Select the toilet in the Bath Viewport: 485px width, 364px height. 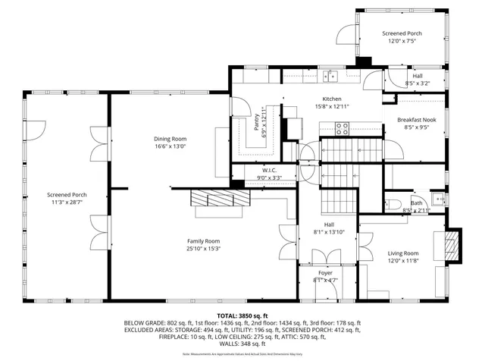pyautogui.click(x=394, y=203)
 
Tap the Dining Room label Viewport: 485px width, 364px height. pyautogui.click(x=170, y=139)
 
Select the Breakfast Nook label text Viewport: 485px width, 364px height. pyautogui.click(x=415, y=120)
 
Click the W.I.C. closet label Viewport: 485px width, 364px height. pyautogui.click(x=270, y=170)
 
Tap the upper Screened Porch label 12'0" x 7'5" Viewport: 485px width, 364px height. pyautogui.click(x=402, y=41)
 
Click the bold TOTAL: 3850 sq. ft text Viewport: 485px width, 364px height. pyautogui.click(x=242, y=315)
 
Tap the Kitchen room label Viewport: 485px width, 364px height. pyautogui.click(x=332, y=99)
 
